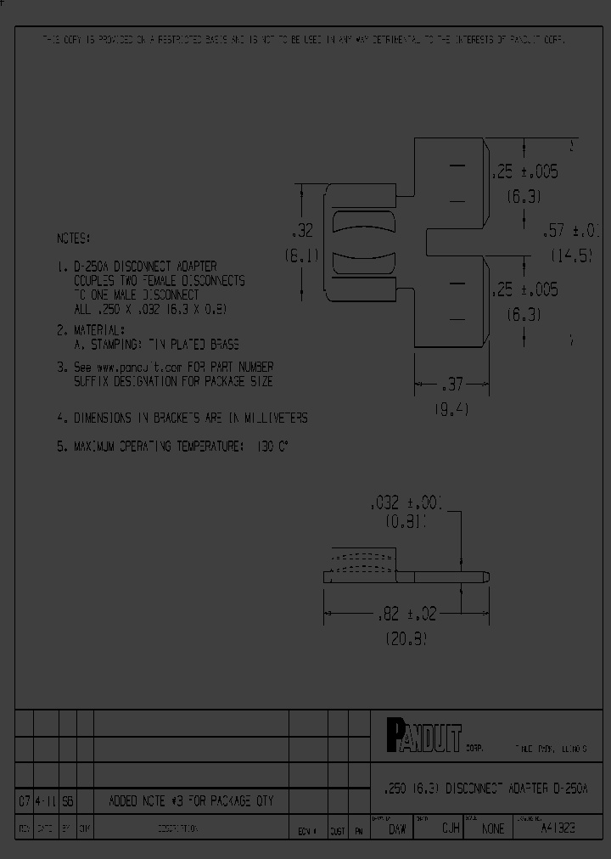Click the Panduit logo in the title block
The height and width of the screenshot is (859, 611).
point(423,735)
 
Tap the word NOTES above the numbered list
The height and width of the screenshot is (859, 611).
point(73,239)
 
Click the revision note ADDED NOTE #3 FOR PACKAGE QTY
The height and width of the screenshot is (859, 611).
point(192,800)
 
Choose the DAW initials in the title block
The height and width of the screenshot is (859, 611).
point(395,828)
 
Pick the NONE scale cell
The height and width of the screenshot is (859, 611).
point(492,828)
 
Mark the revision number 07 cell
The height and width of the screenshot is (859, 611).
point(24,800)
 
